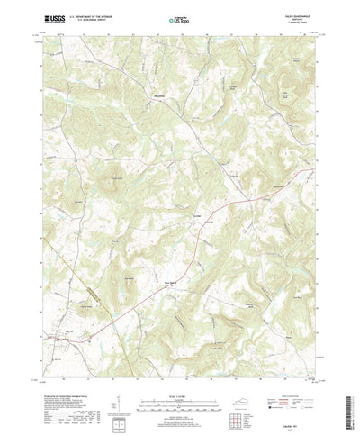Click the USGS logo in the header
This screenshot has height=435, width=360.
51,17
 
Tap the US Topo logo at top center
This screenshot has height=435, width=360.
180,17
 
